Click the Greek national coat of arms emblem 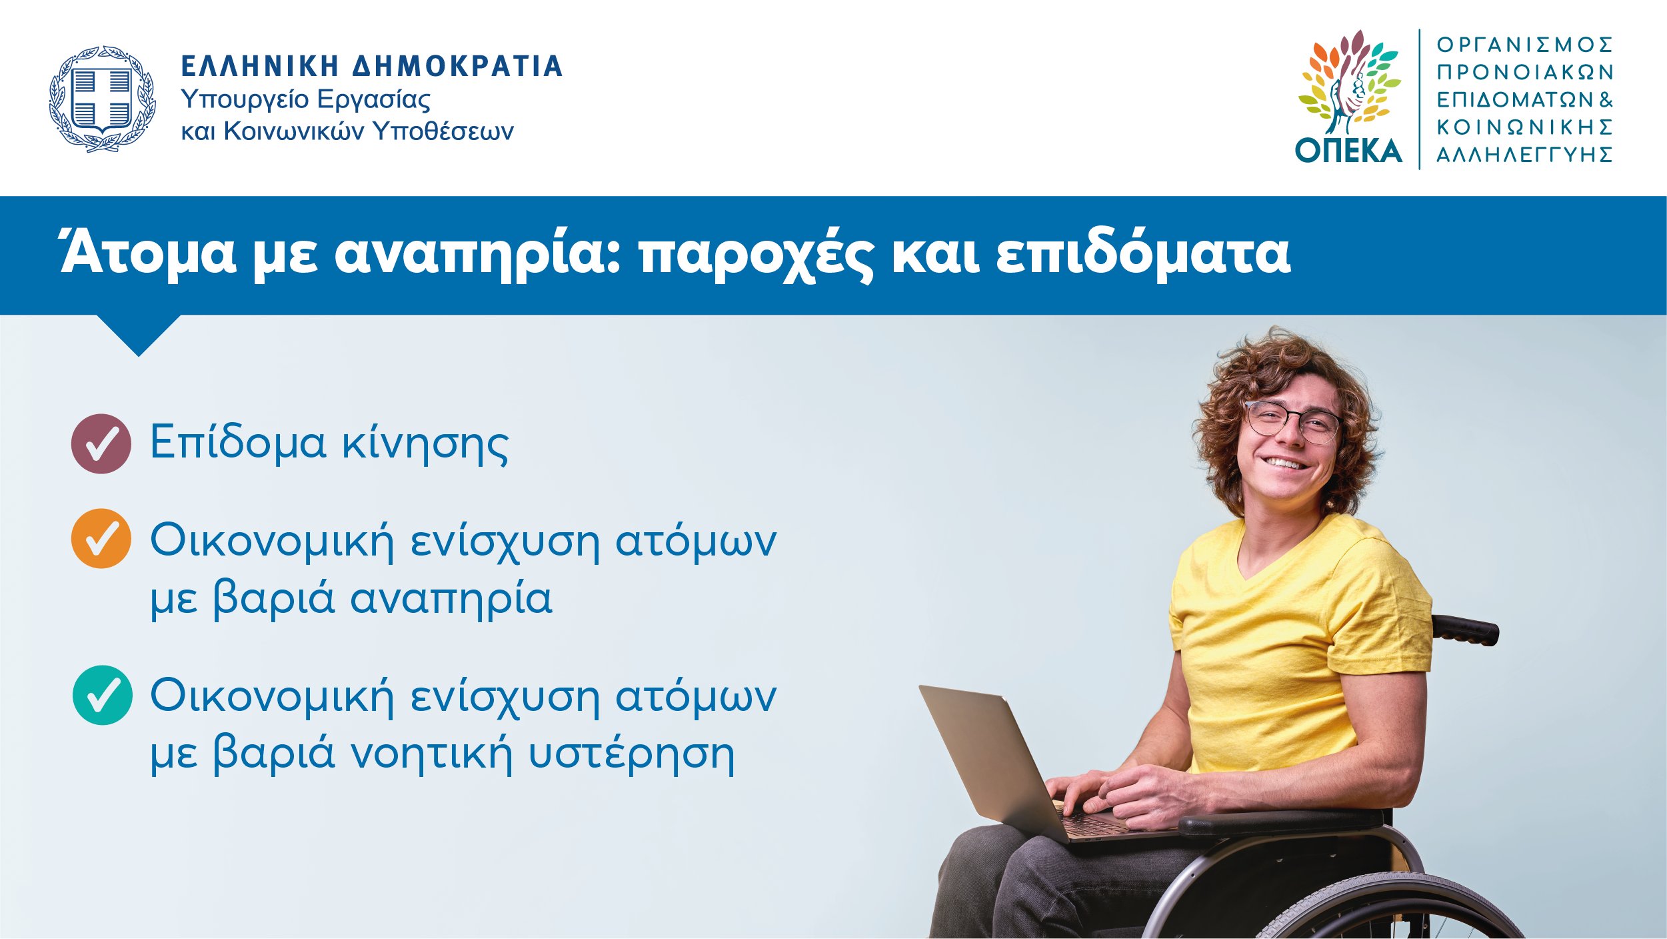coord(102,99)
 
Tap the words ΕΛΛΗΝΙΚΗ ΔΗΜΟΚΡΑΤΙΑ coord(372,67)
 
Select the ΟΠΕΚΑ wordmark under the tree coord(1348,151)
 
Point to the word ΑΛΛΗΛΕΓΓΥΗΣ coord(1524,155)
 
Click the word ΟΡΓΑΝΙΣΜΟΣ coord(1524,45)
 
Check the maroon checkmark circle coord(101,443)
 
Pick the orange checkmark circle coord(101,538)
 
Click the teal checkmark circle coord(102,695)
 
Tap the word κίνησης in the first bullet coord(425,443)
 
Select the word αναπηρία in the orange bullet coord(451,599)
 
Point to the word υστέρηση coord(631,754)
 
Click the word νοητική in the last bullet coord(431,754)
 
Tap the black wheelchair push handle coord(1466,630)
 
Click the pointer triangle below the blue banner coord(139,335)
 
